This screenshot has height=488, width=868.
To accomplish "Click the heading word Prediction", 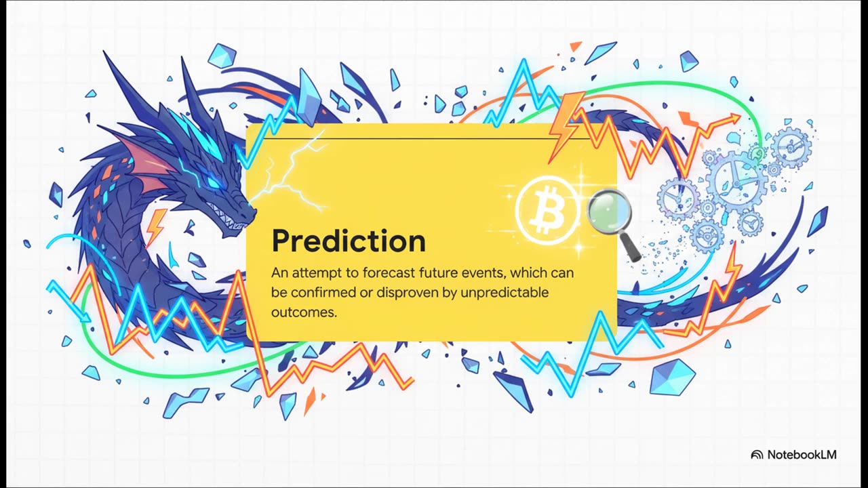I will [349, 241].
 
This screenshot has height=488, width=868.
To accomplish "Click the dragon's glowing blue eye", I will [214, 182].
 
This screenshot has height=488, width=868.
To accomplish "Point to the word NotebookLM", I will [802, 455].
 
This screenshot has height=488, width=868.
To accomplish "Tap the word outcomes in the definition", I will [304, 312].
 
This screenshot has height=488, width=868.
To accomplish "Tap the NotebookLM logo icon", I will [757, 455].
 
